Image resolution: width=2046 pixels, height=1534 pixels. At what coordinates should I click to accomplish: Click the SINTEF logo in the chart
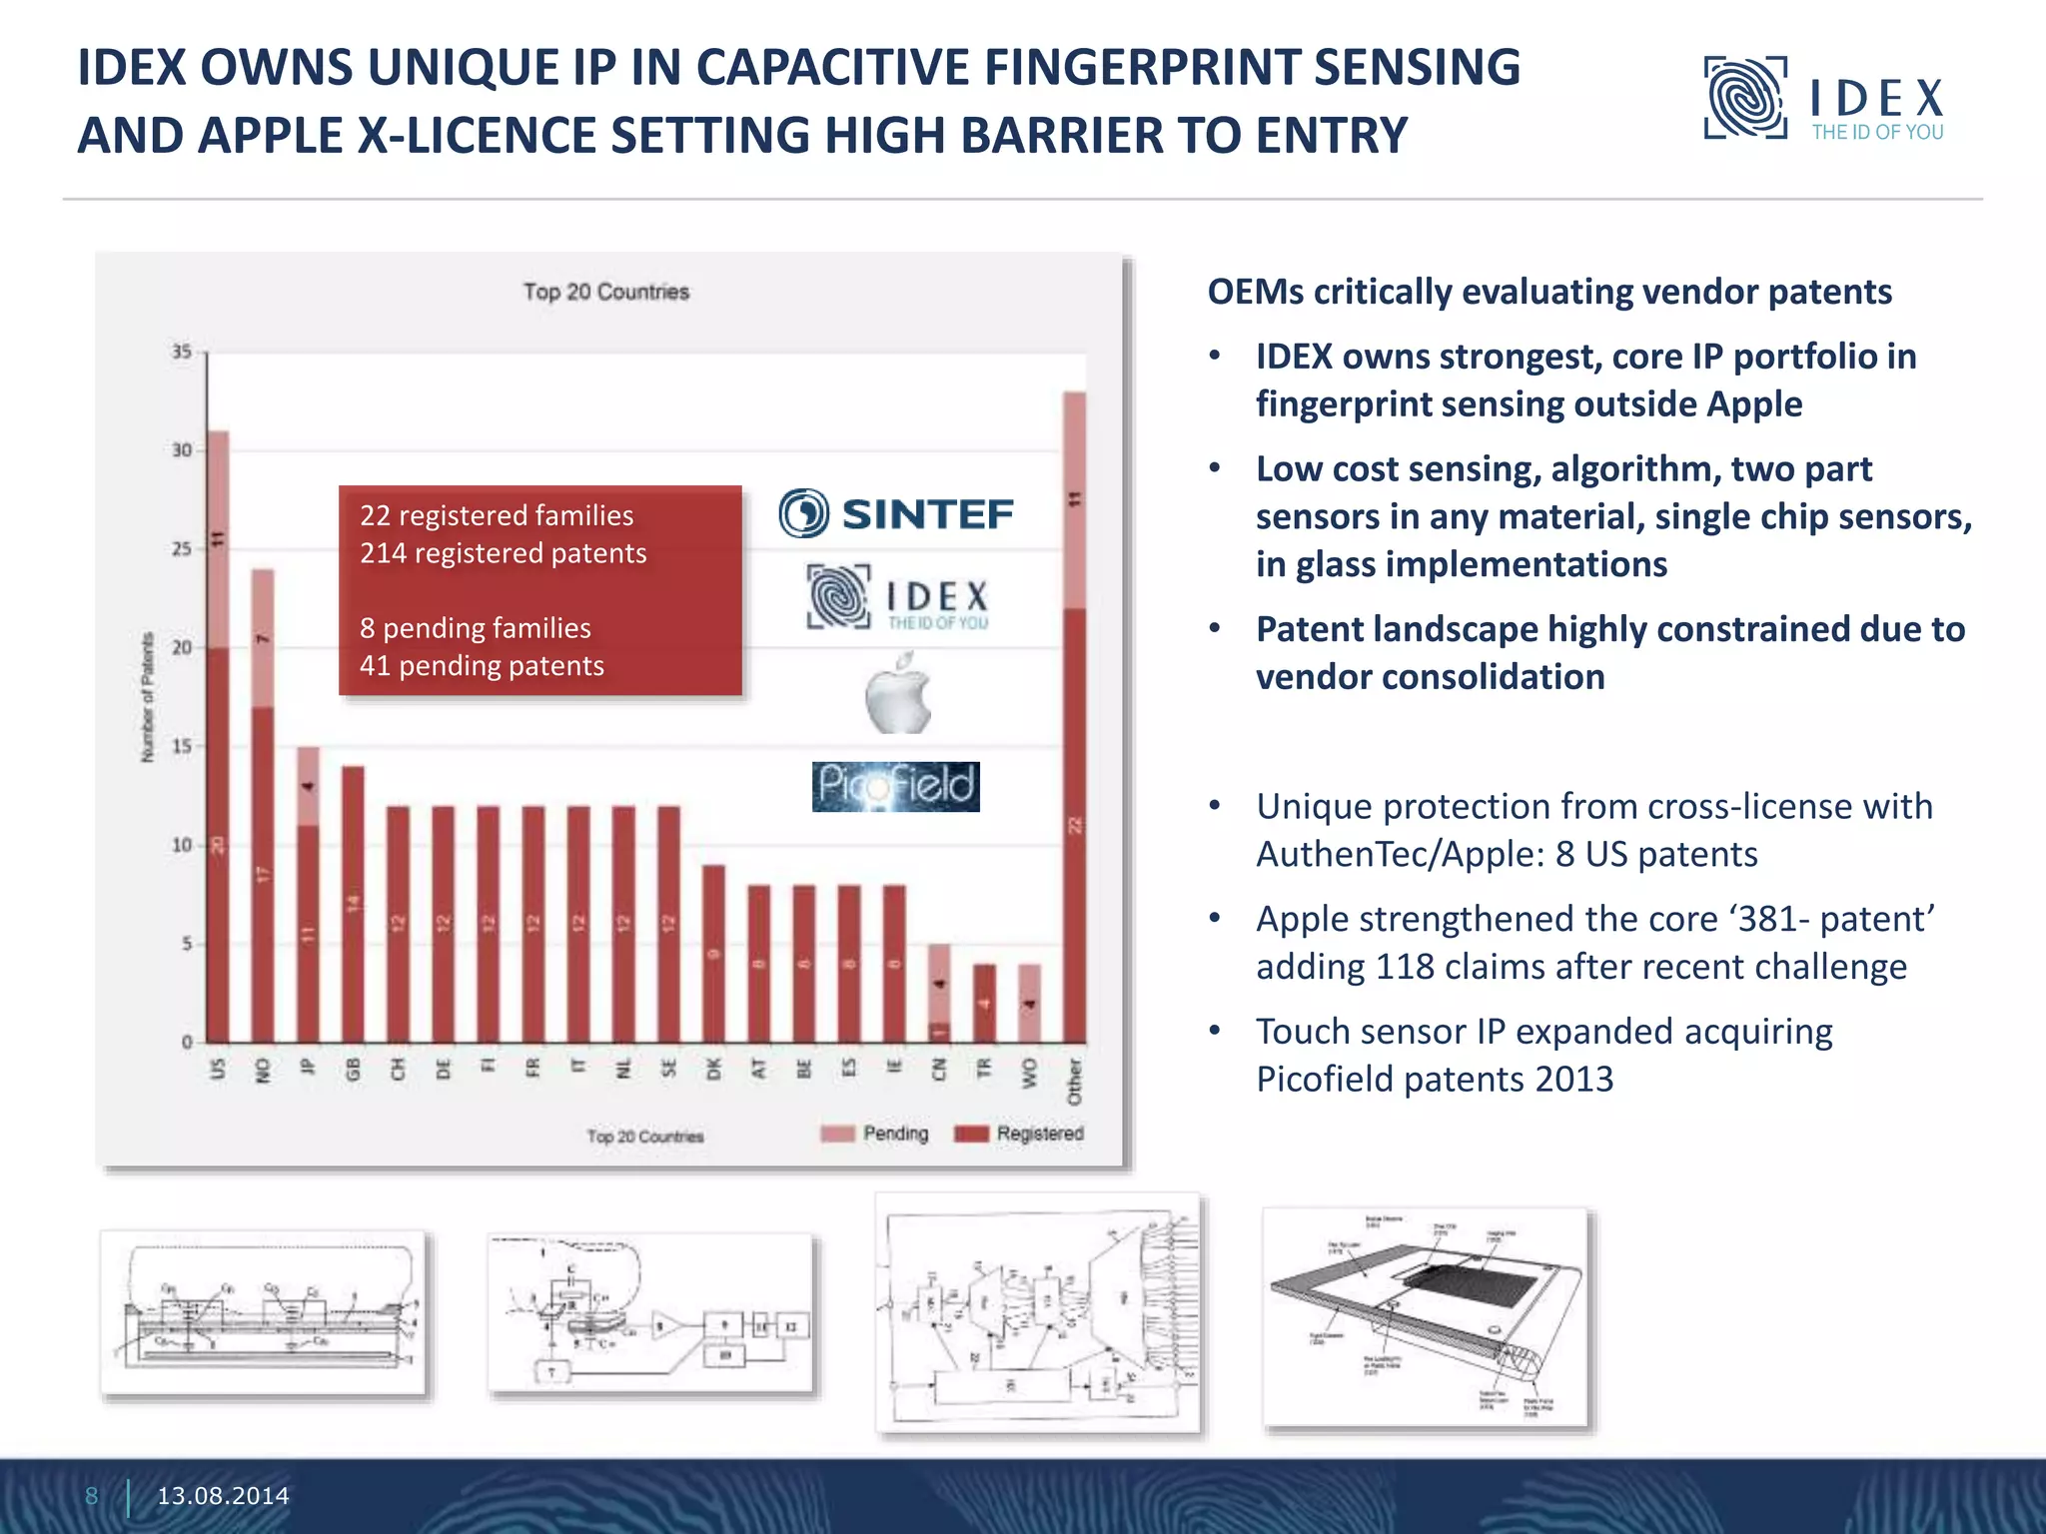[896, 513]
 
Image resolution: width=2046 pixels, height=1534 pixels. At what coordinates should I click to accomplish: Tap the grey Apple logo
[898, 694]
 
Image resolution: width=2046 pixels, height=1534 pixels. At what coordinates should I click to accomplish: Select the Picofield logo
[895, 786]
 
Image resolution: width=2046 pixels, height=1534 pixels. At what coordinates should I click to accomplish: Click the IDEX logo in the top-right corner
[1824, 99]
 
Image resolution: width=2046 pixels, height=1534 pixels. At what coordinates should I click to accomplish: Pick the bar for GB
[353, 904]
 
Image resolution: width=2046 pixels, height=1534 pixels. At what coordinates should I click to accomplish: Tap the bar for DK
[713, 954]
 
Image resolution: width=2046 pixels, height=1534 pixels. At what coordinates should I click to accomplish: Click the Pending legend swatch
[837, 1134]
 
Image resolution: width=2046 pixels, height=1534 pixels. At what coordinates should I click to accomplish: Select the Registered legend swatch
[971, 1134]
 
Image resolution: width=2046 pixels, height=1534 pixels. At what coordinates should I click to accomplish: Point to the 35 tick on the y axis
[181, 352]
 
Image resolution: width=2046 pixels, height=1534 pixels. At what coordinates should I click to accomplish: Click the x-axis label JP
[308, 1068]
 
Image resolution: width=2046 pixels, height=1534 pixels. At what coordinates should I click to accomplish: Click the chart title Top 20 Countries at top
[606, 292]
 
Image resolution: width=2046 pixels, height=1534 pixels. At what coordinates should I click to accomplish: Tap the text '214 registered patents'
[503, 553]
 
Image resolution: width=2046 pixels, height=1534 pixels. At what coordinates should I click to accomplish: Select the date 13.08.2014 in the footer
[223, 1495]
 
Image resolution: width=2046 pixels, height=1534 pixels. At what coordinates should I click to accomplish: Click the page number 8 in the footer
[92, 1495]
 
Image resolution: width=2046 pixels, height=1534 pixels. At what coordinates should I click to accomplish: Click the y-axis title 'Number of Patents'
[148, 697]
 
